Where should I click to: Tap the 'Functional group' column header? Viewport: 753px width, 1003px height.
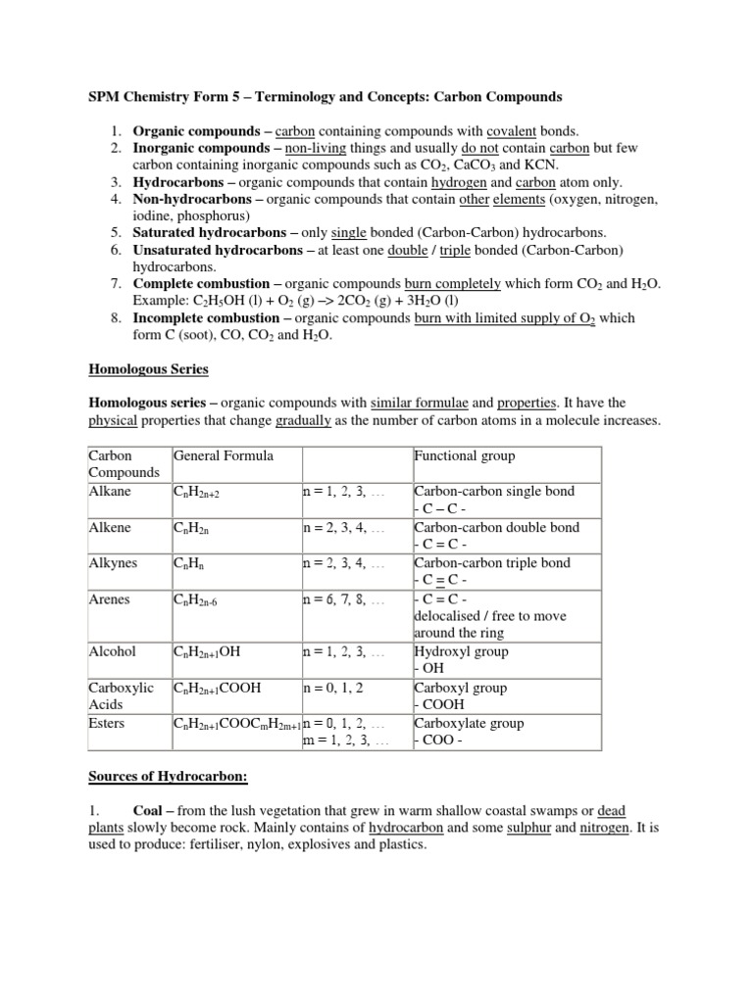click(x=464, y=455)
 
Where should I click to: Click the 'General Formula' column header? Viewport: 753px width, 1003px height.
click(x=223, y=455)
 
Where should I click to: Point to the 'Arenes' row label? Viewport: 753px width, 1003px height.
click(x=110, y=598)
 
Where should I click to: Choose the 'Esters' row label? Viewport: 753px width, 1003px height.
click(x=108, y=723)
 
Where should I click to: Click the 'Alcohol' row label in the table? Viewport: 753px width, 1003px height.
click(x=112, y=651)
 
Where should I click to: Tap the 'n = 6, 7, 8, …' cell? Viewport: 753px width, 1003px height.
click(x=343, y=598)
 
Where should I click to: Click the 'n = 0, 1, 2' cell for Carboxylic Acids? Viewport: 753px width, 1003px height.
click(x=335, y=688)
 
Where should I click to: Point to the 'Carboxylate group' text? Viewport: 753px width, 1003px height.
click(x=469, y=723)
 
